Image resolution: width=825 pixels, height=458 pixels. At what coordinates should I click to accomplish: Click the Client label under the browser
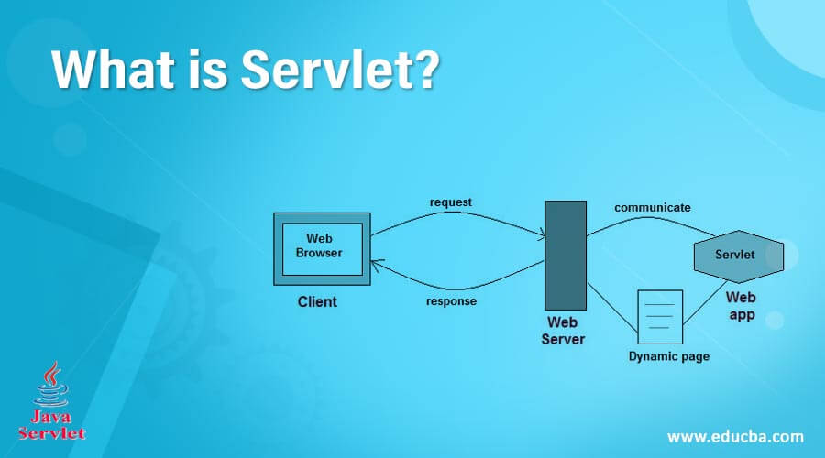click(317, 301)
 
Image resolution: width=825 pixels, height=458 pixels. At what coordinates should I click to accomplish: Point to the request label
click(451, 202)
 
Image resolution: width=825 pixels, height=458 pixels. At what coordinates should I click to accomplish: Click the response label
click(451, 301)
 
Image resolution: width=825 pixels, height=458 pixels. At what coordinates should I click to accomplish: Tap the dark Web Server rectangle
click(566, 255)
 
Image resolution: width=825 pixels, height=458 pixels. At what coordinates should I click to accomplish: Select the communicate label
click(653, 207)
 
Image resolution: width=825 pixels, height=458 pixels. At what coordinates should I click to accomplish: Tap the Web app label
click(741, 306)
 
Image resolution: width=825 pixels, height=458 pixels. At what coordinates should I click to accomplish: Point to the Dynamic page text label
click(668, 356)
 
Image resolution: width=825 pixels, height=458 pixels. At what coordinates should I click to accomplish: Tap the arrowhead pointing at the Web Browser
click(376, 264)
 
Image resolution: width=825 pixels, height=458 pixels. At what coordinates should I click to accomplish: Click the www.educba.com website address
click(735, 436)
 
